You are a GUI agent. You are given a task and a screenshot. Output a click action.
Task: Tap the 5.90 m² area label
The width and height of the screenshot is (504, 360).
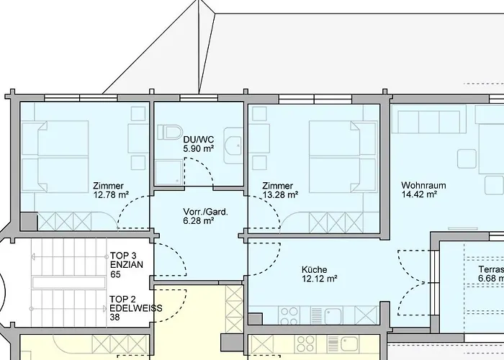199,148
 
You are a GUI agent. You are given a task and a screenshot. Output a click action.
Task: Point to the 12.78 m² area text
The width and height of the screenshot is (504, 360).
111,194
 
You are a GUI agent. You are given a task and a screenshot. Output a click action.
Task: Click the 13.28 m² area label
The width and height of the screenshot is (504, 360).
281,194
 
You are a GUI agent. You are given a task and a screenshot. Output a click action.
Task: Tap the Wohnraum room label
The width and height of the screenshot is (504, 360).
423,185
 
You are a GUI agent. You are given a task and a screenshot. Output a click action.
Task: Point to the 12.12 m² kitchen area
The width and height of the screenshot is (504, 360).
320,279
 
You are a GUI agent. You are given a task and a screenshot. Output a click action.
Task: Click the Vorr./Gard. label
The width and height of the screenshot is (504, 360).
199,212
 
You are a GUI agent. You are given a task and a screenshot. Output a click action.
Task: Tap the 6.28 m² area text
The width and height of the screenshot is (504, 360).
199,222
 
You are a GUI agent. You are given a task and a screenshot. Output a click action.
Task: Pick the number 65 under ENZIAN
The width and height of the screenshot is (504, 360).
115,274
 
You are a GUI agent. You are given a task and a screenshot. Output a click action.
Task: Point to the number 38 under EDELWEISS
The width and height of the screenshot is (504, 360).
115,317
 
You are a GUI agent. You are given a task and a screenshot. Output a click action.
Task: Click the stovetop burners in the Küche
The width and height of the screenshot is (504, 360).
289,315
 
